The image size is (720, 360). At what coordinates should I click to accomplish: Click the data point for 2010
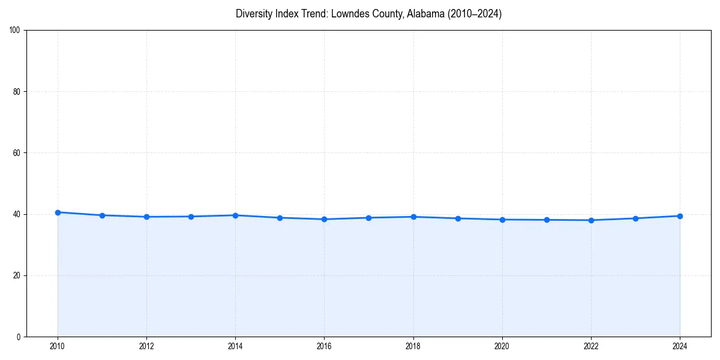(58, 212)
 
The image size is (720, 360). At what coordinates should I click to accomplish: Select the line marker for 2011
(102, 215)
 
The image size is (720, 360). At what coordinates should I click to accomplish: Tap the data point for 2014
(235, 215)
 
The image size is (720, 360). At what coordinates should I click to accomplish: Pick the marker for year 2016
(324, 219)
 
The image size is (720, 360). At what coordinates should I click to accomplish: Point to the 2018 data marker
(413, 217)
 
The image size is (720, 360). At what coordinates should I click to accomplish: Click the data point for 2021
(547, 220)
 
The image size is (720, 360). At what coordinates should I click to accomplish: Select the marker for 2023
(635, 218)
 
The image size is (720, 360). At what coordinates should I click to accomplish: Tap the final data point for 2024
(680, 216)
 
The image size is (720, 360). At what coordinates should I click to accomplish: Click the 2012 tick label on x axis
(146, 346)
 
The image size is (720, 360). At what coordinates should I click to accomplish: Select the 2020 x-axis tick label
(502, 346)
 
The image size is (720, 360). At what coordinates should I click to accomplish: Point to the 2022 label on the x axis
(591, 346)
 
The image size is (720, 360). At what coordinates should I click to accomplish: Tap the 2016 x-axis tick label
(324, 346)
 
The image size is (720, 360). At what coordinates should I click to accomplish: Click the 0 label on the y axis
(19, 337)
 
